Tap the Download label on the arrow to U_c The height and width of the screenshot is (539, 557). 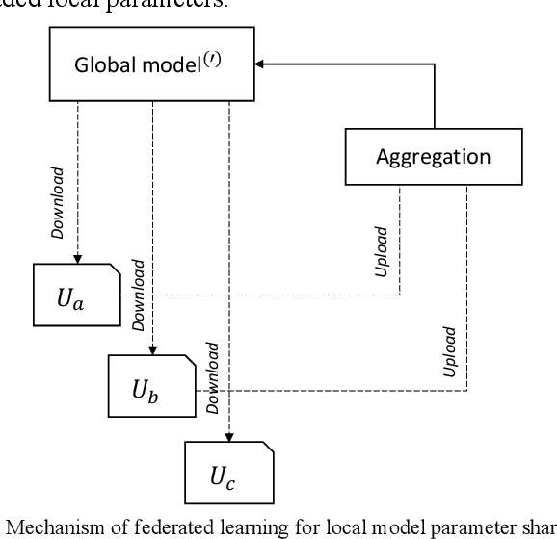point(213,372)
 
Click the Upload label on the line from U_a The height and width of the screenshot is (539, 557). point(383,251)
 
